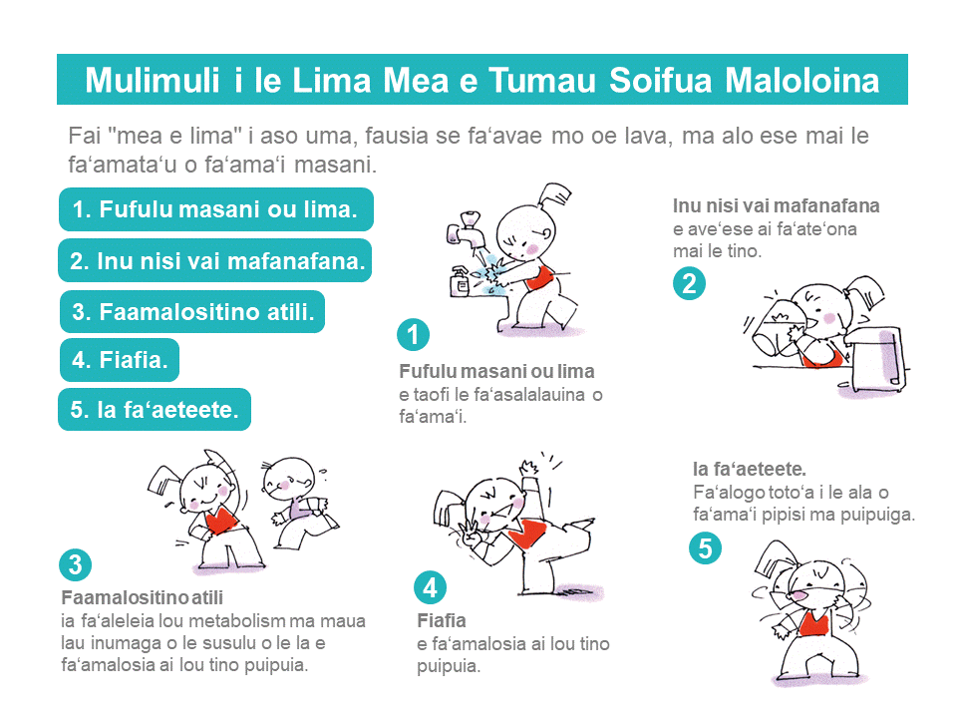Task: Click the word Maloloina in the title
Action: coord(801,80)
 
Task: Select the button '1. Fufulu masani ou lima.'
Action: coord(216,209)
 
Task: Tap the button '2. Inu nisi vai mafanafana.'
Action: coord(215,260)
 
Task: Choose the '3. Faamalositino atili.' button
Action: coord(192,311)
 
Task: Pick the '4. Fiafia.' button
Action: coord(120,360)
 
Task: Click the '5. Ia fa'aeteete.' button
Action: coord(155,409)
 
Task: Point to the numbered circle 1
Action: coord(413,335)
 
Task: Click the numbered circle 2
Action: coord(689,284)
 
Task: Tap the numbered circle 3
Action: coord(75,564)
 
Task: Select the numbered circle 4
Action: coord(431,588)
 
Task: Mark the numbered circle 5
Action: coord(705,547)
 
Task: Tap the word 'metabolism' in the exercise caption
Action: coord(237,621)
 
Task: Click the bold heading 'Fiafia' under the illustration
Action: coord(442,620)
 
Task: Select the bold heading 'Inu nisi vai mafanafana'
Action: coord(776,205)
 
